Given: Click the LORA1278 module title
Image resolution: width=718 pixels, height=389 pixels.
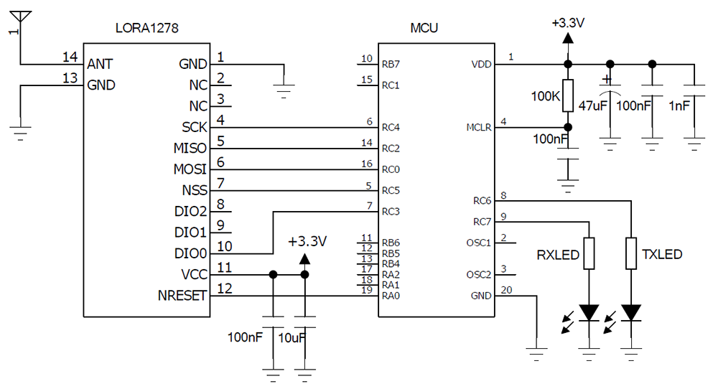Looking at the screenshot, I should [x=146, y=29].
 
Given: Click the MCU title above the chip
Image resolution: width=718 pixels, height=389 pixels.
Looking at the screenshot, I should [x=424, y=29].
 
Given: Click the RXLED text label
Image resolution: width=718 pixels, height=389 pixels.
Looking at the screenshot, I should [x=558, y=255].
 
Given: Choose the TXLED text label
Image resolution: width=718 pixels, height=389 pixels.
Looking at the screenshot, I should [x=662, y=255].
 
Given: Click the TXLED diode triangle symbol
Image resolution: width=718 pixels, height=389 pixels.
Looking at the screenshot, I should [x=631, y=313].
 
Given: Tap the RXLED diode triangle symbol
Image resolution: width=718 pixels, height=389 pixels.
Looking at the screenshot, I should [x=589, y=313].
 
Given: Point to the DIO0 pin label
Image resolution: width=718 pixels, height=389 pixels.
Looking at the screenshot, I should [x=190, y=253].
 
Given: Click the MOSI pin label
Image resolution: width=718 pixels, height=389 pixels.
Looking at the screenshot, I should [x=190, y=169].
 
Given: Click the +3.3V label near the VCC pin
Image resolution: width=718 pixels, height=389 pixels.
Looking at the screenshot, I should [x=307, y=240].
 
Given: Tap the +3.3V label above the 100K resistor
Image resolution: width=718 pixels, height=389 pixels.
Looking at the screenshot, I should [x=568, y=22].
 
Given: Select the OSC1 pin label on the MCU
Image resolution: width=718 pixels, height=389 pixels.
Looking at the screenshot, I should [x=478, y=243].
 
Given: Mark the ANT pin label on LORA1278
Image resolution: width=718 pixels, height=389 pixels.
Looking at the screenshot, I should [x=100, y=64].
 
